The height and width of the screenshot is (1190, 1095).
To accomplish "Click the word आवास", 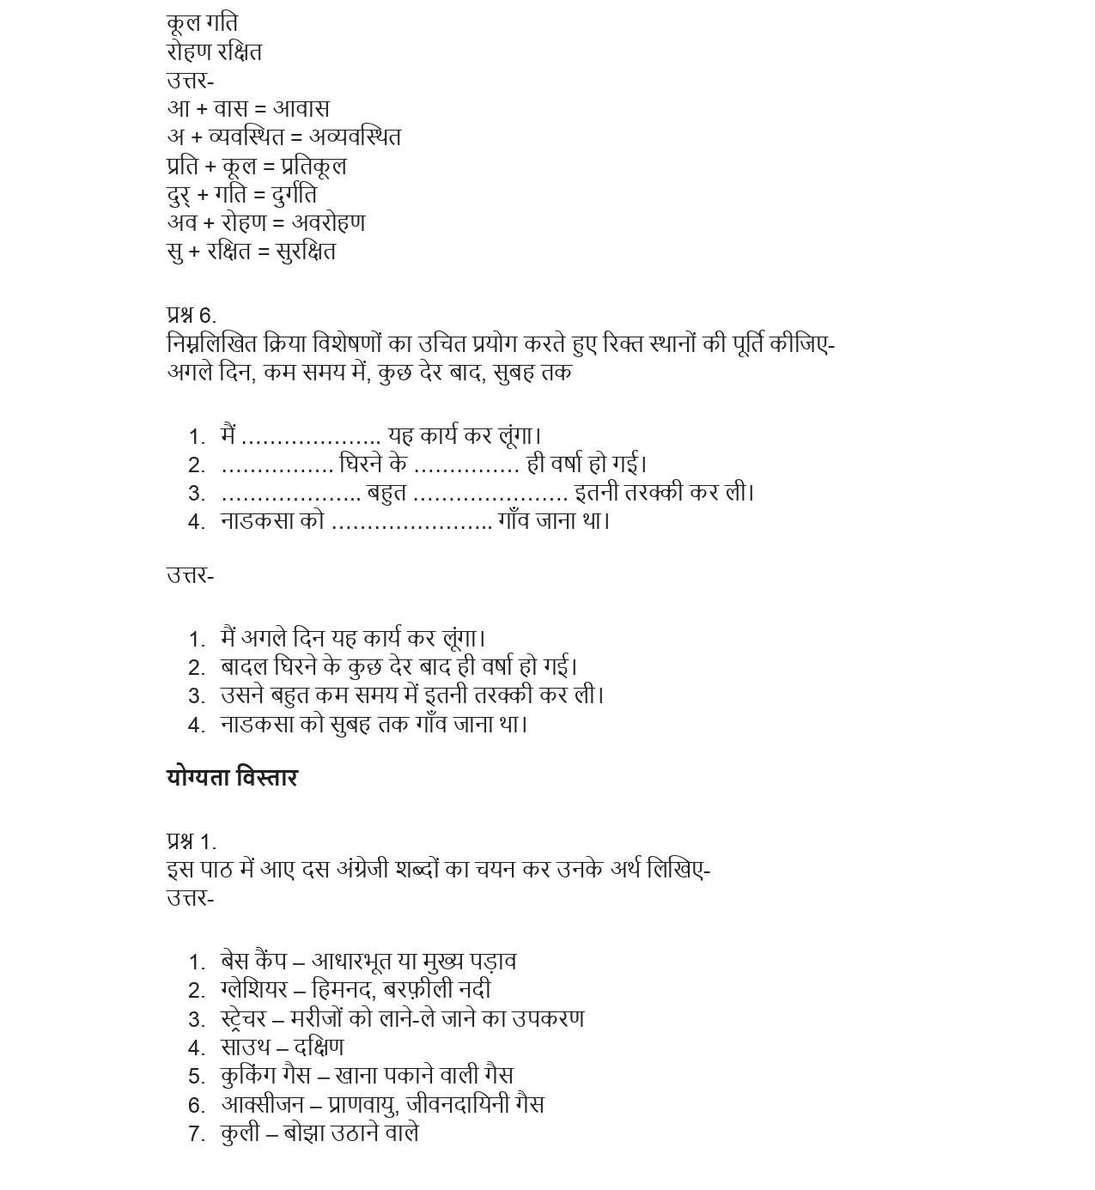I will click(301, 109).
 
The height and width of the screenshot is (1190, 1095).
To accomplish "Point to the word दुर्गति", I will click(295, 194).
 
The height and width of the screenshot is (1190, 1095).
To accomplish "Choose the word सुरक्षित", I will click(306, 252).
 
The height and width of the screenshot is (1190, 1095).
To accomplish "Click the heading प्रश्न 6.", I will click(192, 315).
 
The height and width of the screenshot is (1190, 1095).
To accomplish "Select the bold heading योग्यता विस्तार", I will click(232, 778).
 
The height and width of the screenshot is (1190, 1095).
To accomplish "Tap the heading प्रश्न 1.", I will click(192, 841).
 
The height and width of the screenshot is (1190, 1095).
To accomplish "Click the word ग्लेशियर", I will click(253, 990).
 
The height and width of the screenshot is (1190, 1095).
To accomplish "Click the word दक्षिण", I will click(319, 1047).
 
